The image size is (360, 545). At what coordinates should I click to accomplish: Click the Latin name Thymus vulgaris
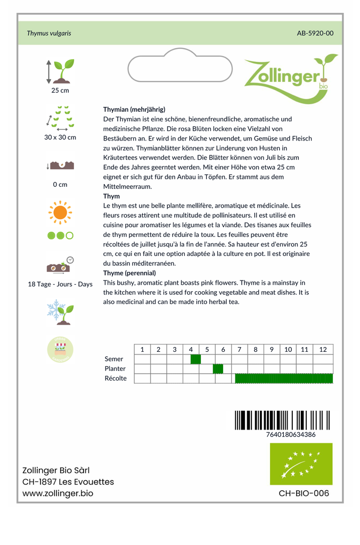pos(49,33)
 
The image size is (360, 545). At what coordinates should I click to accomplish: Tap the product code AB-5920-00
pos(315,33)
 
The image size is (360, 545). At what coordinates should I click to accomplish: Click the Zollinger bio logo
pos(290,77)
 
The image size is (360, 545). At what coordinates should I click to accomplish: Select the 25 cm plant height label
pos(60,90)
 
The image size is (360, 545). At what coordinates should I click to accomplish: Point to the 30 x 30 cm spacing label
pos(60,137)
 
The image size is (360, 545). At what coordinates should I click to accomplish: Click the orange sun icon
pos(60,212)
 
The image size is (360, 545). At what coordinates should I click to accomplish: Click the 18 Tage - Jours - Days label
pos(60,284)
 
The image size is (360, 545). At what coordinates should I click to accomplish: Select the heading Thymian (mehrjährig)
pos(134,109)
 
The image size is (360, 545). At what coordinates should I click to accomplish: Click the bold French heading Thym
pos(111,196)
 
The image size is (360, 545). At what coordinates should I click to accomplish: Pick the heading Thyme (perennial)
pos(129,273)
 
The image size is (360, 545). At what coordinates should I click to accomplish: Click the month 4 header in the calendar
pos(191,350)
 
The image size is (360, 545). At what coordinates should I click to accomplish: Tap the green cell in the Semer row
pos(195,359)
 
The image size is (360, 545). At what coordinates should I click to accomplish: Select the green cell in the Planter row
pos(218,369)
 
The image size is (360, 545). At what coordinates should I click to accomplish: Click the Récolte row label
pos(116,378)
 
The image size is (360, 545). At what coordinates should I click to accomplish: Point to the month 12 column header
pos(323,350)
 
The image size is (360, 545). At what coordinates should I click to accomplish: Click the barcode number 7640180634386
pos(290,434)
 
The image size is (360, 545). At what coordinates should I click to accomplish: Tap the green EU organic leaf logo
pos(301,464)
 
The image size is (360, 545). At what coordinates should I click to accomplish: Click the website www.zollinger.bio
pos(58,493)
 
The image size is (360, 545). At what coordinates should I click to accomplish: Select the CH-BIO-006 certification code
pos(304,493)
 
